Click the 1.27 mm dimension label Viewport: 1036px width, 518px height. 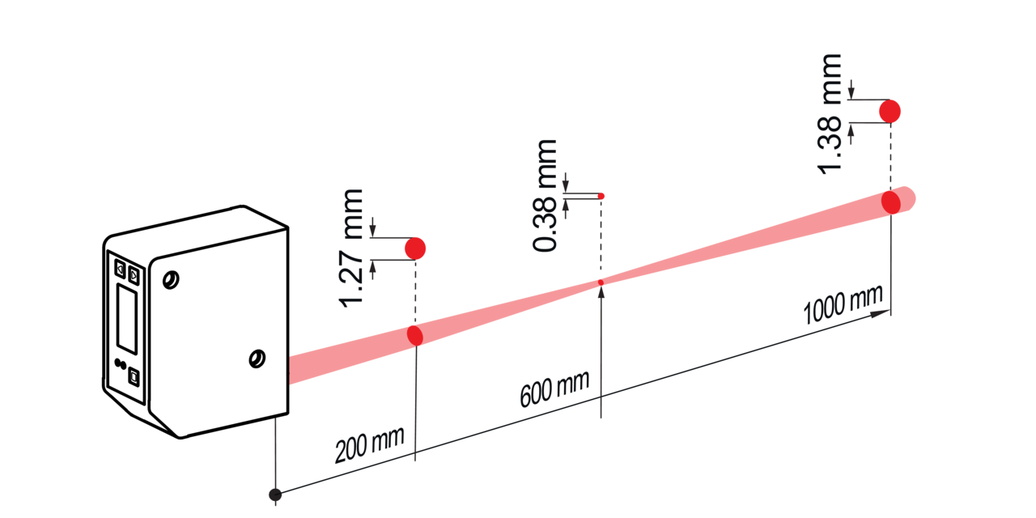[x=351, y=248]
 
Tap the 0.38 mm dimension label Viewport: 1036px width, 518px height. [x=545, y=195]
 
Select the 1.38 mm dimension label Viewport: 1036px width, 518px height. [x=830, y=114]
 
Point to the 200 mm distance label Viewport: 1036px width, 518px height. [x=369, y=444]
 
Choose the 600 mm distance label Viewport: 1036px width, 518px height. [x=554, y=389]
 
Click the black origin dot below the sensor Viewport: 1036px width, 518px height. [x=275, y=495]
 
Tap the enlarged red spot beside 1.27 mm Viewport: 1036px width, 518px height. [x=415, y=248]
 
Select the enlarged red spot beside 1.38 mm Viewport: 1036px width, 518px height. [x=890, y=112]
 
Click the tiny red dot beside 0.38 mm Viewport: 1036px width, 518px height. [x=601, y=196]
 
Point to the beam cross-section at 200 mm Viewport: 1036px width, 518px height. [x=415, y=335]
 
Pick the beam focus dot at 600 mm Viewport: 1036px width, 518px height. [x=601, y=282]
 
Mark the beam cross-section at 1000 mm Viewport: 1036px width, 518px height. [x=891, y=202]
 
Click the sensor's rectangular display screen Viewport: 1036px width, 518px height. [x=127, y=319]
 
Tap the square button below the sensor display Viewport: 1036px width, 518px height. [x=134, y=377]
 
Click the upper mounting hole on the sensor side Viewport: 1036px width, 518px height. [x=171, y=280]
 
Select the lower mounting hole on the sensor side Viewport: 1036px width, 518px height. [x=257, y=359]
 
